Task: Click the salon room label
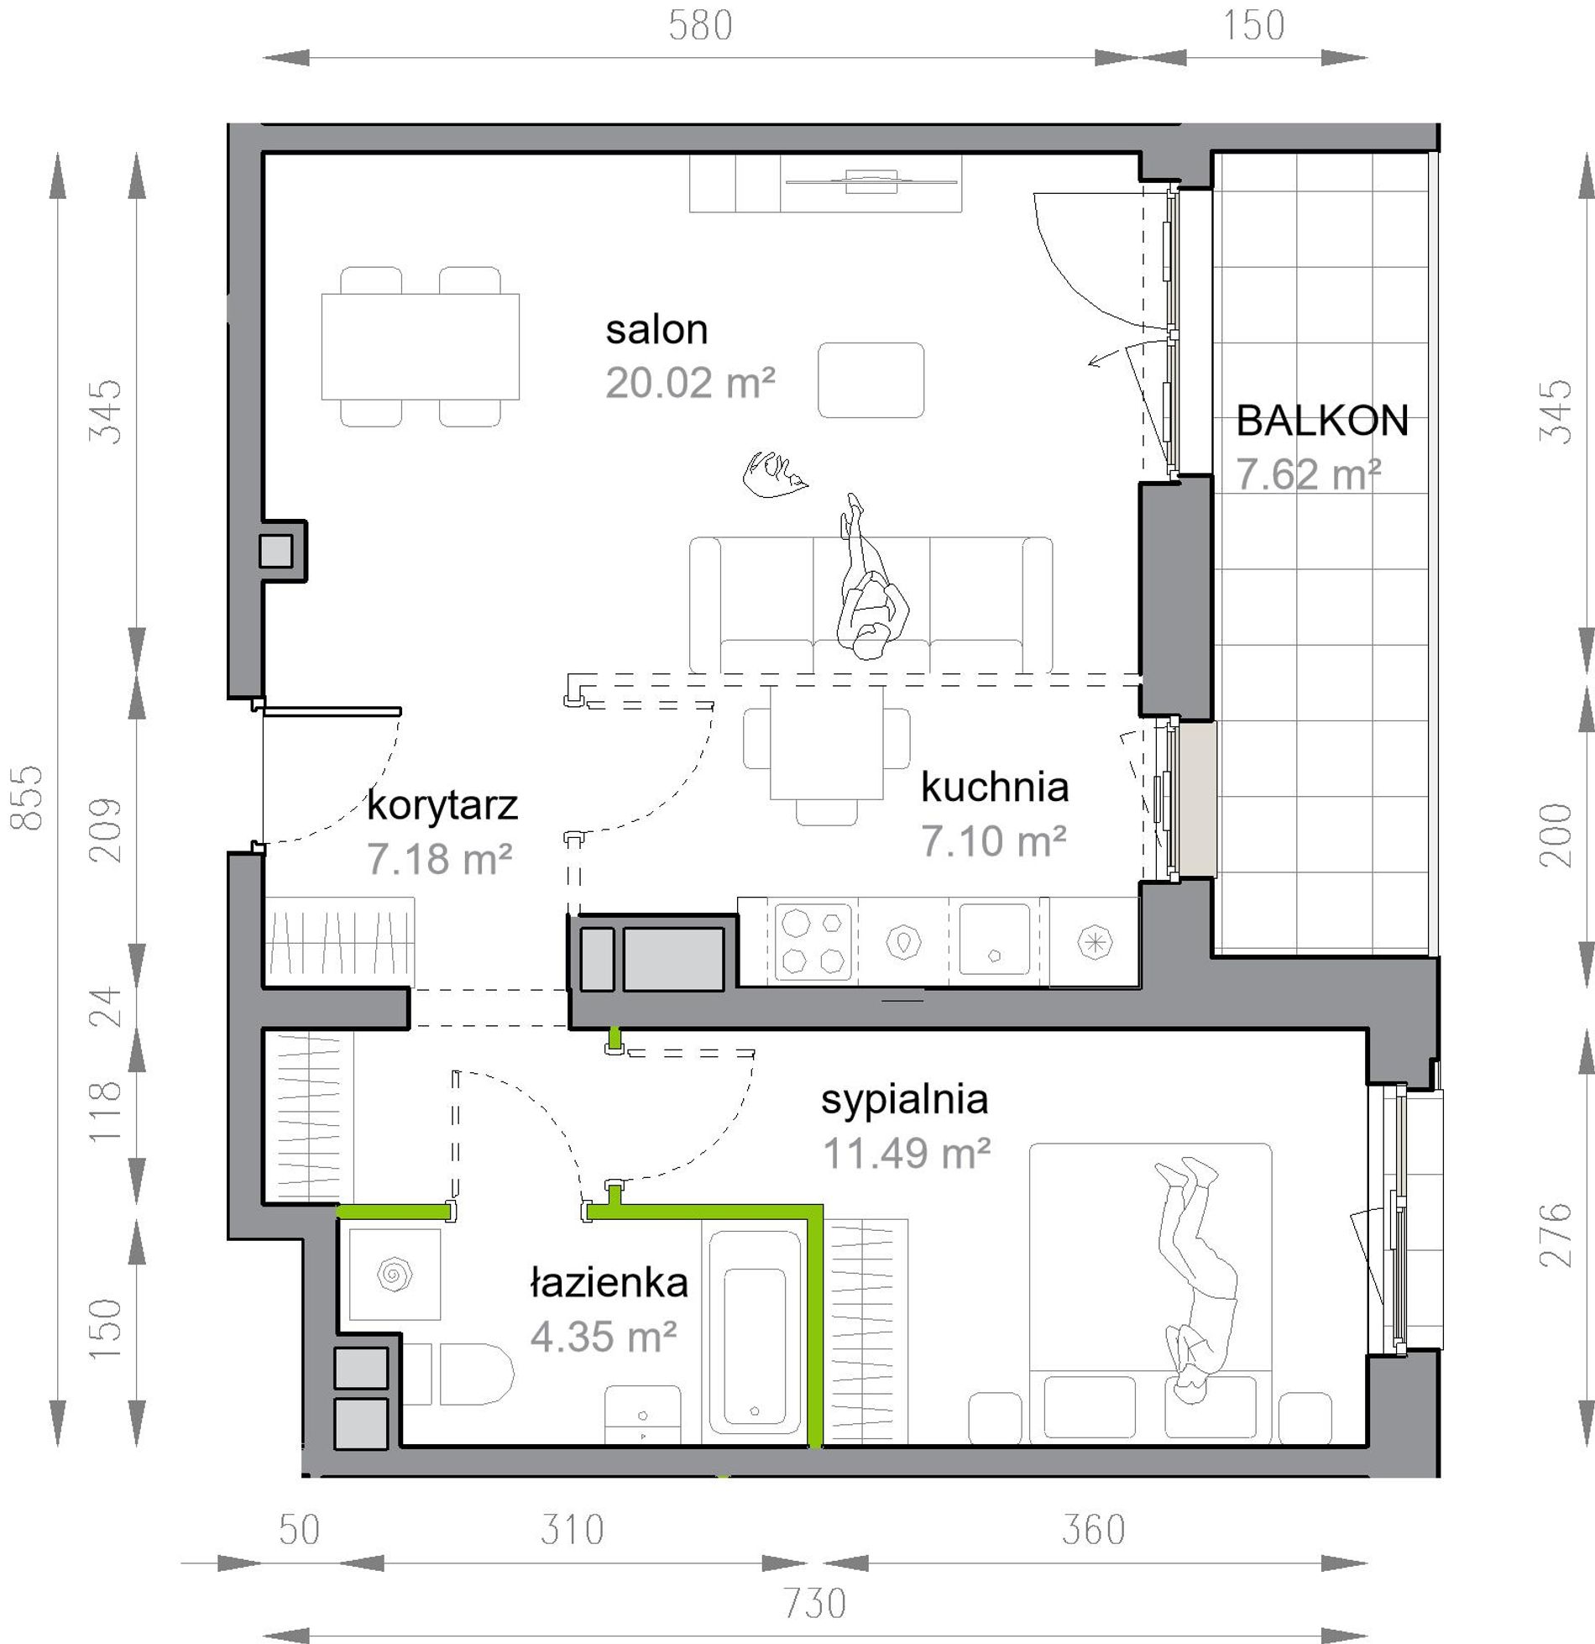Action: click(656, 330)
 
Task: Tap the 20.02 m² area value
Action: click(690, 384)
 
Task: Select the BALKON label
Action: click(1322, 421)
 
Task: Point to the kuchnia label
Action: click(995, 787)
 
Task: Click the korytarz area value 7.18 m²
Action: click(439, 860)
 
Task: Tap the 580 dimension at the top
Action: click(700, 26)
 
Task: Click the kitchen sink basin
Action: click(995, 939)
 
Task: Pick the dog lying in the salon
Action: click(775, 474)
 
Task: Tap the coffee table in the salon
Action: click(871, 380)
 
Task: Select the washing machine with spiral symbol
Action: click(395, 1275)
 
